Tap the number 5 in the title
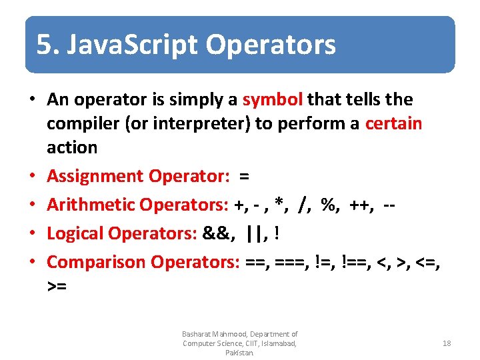(43, 45)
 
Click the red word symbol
(273, 100)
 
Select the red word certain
(393, 124)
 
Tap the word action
(72, 147)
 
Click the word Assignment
(95, 176)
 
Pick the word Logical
(75, 233)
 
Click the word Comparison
(97, 262)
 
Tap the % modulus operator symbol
(328, 205)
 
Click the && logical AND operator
(215, 233)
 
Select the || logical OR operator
(253, 233)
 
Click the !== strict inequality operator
(355, 262)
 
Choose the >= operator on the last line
(57, 287)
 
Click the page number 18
(447, 343)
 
